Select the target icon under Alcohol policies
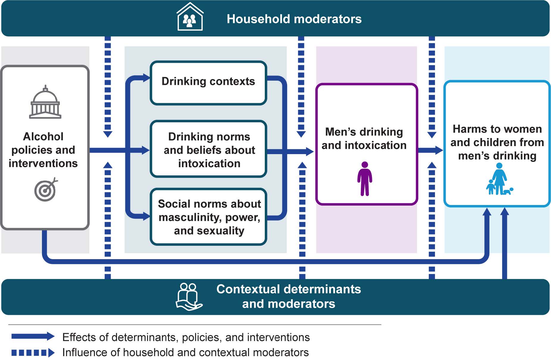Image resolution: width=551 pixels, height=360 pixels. pos(46,190)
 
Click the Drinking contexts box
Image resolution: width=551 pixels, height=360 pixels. pos(208,83)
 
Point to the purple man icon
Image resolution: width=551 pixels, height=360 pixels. pos(364,179)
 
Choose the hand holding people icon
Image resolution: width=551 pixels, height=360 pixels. pos(189,296)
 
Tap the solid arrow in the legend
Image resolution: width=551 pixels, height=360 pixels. pos(33,336)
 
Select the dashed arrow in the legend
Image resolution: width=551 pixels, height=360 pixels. pos(33,353)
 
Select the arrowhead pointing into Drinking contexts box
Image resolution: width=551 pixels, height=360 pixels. pos(146,78)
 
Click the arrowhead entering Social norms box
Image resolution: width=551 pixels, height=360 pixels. pos(146,216)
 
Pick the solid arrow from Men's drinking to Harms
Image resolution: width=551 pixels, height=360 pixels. pos(430,150)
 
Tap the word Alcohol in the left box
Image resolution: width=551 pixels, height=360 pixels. pos(43,137)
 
